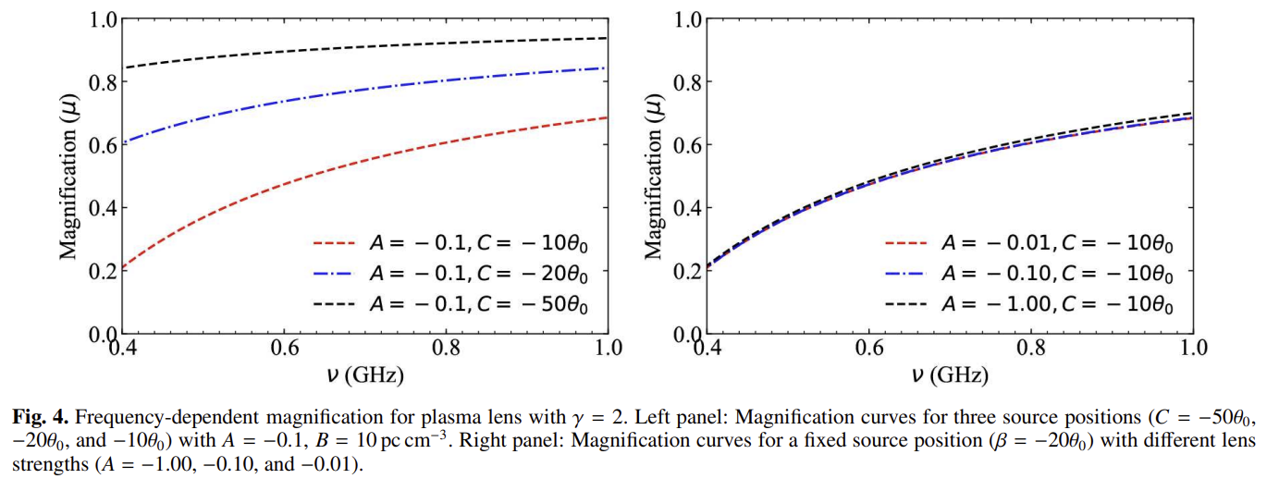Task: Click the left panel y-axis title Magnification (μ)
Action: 69,176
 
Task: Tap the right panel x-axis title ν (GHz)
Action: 950,375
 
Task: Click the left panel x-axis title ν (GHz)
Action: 364,375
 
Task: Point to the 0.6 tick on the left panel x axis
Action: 284,349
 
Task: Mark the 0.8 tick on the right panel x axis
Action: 1031,349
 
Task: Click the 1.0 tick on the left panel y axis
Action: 103,19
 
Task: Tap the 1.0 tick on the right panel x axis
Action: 1193,349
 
